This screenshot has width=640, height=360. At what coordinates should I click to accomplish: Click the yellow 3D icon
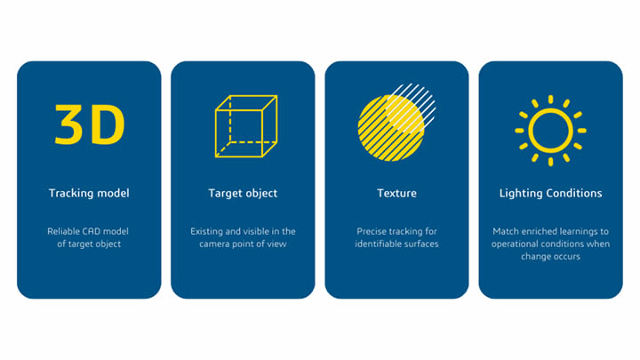pyautogui.click(x=90, y=124)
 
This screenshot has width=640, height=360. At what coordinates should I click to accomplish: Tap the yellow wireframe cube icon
pyautogui.click(x=215, y=126)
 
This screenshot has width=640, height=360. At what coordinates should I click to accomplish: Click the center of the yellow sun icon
pyautogui.click(x=550, y=131)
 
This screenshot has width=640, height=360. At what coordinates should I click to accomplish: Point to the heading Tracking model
pyautogui.click(x=89, y=193)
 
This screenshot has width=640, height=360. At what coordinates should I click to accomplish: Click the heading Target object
pyautogui.click(x=243, y=193)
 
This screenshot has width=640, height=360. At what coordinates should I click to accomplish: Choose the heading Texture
pyautogui.click(x=396, y=193)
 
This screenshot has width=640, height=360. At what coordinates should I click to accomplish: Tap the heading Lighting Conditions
pyautogui.click(x=550, y=193)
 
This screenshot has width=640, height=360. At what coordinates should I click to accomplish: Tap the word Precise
pyautogui.click(x=371, y=231)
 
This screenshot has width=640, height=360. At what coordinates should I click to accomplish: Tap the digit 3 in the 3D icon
pyautogui.click(x=68, y=125)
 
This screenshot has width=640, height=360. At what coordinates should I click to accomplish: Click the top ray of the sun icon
pyautogui.click(x=550, y=100)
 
